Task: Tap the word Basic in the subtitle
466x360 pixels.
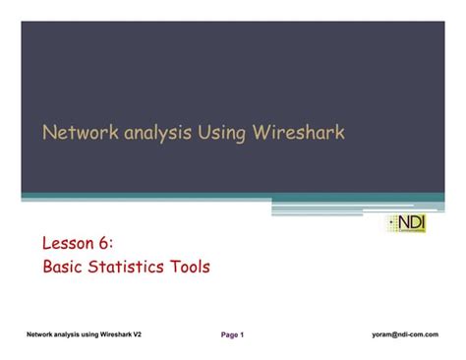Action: pyautogui.click(x=65, y=266)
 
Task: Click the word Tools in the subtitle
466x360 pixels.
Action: pyautogui.click(x=190, y=266)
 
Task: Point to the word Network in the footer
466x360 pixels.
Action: pyautogui.click(x=42, y=334)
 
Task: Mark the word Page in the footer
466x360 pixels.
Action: pyautogui.click(x=229, y=334)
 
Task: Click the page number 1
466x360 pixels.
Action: pyautogui.click(x=243, y=334)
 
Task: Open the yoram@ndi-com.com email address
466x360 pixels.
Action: pyautogui.click(x=405, y=334)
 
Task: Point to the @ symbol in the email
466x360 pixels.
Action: pyautogui.click(x=397, y=334)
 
